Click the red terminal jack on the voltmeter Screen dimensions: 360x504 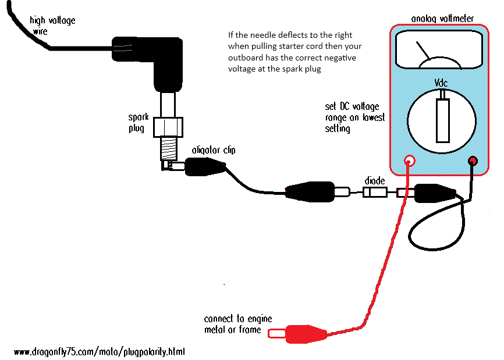coord(410,161)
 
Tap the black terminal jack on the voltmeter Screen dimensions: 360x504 coord(473,161)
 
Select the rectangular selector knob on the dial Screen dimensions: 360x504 coord(443,120)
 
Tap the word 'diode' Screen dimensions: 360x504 coord(374,180)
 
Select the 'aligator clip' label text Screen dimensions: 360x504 coord(214,150)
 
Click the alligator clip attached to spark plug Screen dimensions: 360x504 coord(204,167)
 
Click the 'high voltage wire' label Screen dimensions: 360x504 coord(52,25)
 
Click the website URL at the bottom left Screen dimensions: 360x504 coord(99,352)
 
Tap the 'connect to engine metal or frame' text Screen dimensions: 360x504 coord(238,325)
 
